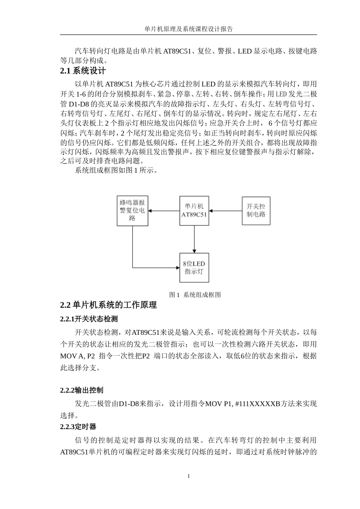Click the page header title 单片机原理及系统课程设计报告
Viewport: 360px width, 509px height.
pos(188,29)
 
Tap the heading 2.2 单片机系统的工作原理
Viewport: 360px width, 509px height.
pos(108,305)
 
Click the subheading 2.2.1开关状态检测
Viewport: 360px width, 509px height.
pos(89,319)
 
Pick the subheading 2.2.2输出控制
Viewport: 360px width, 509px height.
pos(81,390)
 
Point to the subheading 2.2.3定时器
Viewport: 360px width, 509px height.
pos(78,427)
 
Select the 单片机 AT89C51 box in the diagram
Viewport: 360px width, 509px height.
pos(194,211)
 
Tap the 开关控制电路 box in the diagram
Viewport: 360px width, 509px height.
pos(256,211)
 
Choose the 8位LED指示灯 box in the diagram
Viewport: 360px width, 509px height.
pos(194,268)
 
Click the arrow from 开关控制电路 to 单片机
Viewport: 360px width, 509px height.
pos(225,211)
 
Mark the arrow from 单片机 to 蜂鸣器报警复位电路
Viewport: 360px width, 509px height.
pos(163,211)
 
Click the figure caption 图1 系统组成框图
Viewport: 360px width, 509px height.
pos(194,295)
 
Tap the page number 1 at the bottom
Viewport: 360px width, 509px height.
pos(188,476)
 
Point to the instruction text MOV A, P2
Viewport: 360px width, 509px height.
pos(78,356)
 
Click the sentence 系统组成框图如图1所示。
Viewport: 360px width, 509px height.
pos(116,170)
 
